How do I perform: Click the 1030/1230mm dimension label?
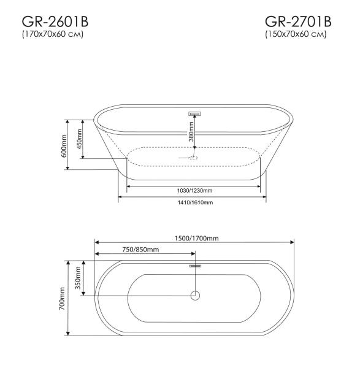click(192, 190)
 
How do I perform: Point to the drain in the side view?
click(193, 157)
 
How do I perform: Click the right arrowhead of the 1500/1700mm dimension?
click(293, 242)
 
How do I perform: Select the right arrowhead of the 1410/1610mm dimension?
click(264, 197)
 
